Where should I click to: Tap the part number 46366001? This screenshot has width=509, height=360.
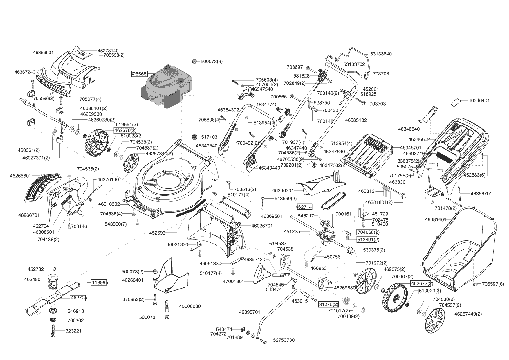43,53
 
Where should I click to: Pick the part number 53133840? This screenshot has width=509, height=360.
381,54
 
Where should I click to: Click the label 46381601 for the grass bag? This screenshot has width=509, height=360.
436,219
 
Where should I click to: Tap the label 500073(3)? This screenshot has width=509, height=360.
212,62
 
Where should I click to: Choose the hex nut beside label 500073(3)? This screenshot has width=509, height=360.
194,61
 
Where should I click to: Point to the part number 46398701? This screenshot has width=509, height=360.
250,312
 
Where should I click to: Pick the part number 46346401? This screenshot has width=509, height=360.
479,100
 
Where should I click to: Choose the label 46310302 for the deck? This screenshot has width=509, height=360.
109,204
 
